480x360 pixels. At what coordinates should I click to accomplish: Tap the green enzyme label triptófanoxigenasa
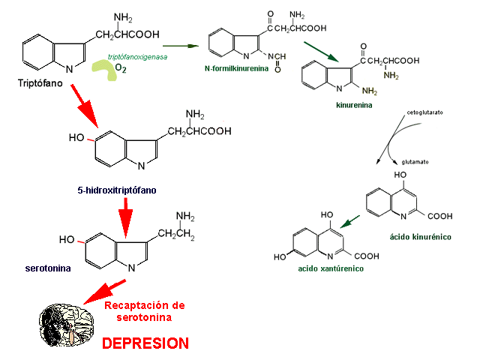click(137, 56)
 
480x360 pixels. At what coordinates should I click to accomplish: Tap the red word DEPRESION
click(145, 343)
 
